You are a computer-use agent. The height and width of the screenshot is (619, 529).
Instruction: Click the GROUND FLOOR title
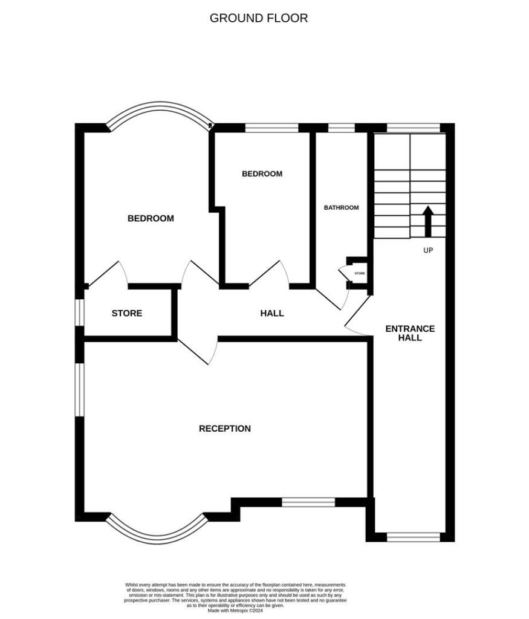259,18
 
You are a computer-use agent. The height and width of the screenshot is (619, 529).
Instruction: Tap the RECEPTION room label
225,429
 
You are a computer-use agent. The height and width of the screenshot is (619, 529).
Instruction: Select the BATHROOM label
341,207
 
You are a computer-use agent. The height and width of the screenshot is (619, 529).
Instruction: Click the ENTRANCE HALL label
410,333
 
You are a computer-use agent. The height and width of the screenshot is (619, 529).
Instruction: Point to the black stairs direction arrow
427,221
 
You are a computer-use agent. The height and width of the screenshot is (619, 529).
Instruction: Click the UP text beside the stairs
428,250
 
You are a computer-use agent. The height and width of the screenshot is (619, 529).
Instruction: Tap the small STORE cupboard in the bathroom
359,273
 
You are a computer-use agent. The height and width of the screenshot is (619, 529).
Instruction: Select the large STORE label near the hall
127,313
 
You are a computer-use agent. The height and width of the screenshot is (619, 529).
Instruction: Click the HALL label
272,313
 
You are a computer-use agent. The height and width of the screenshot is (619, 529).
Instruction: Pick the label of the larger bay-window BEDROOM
151,218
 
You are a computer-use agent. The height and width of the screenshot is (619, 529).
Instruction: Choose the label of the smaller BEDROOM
262,173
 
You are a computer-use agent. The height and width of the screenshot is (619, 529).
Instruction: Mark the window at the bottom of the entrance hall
414,537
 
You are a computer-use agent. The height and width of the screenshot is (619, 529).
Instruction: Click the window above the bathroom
341,128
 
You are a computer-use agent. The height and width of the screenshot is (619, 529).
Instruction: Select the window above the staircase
414,128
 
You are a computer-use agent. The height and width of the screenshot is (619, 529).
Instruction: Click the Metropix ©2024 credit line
235,611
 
